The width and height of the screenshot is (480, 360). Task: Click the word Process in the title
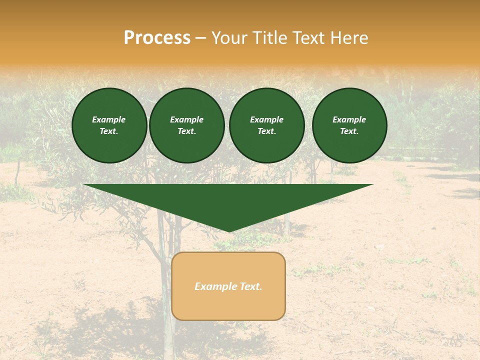tap(157, 38)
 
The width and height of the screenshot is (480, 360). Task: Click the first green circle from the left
tap(109, 125)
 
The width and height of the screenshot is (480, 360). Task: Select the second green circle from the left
tap(186, 125)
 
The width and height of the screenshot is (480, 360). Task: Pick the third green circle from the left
tap(266, 125)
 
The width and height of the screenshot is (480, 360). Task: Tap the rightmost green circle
tap(349, 125)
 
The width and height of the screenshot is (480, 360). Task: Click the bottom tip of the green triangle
tap(229, 230)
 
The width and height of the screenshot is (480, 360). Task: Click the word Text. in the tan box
tap(251, 286)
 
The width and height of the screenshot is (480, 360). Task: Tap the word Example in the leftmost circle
tap(109, 119)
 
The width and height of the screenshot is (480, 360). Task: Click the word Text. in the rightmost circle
tap(349, 131)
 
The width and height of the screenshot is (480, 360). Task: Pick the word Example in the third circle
tap(266, 119)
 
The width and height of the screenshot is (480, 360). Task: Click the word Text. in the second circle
tap(186, 131)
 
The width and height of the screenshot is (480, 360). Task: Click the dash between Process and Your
tap(200, 38)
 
